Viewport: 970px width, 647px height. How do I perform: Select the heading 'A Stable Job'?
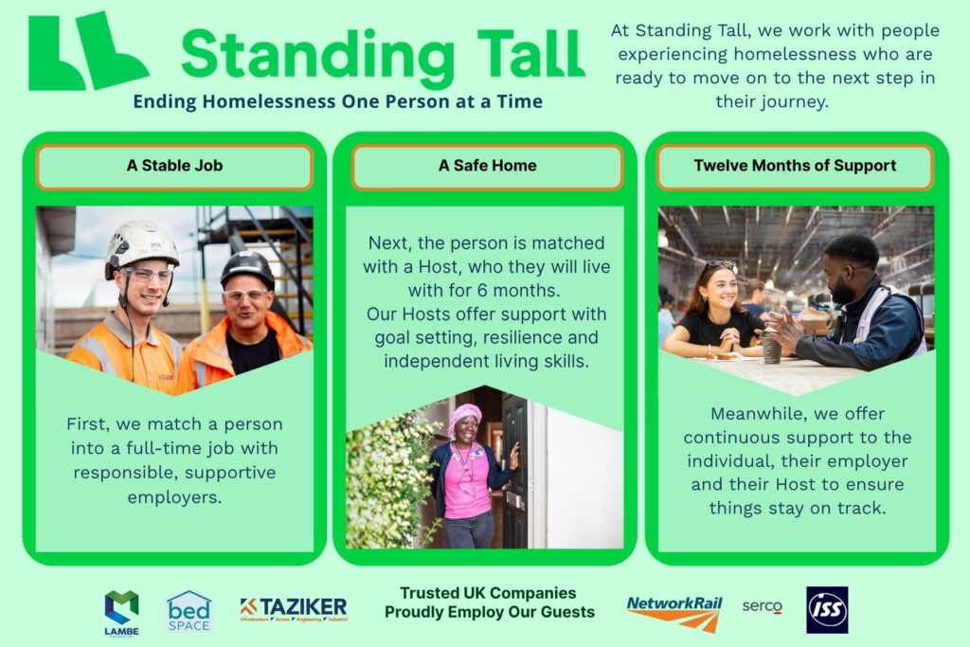174,166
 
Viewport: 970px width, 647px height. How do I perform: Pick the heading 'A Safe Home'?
488,166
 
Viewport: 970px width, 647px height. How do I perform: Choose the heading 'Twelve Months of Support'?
795,166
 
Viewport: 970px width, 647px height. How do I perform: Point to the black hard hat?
247,268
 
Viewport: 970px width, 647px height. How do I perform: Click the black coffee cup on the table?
771,347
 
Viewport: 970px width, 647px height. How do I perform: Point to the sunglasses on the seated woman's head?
720,264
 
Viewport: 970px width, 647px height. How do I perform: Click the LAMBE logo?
121,612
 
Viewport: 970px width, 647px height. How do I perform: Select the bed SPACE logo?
189,612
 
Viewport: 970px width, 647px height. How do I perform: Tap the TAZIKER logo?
294,609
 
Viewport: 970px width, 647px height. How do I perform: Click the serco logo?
763,607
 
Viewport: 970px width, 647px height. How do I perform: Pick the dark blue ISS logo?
827,610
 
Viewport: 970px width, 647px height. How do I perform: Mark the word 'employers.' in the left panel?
174,497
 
